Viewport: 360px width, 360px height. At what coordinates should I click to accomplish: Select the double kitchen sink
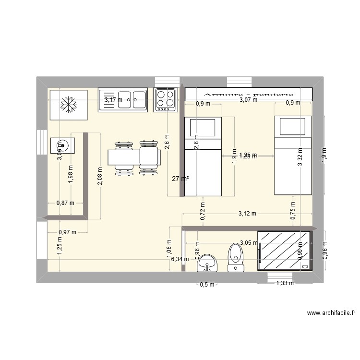pyautogui.click(x=123, y=100)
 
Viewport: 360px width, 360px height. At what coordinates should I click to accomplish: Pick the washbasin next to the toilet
pyautogui.click(x=207, y=263)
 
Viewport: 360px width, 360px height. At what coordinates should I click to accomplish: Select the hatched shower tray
pyautogui.click(x=285, y=250)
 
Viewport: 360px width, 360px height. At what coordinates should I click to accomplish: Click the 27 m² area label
pyautogui.click(x=180, y=179)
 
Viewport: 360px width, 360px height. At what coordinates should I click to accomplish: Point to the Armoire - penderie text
pyautogui.click(x=248, y=95)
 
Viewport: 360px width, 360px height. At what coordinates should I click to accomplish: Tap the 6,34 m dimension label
pyautogui.click(x=180, y=259)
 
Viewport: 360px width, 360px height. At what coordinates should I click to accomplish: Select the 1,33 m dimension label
pyautogui.click(x=285, y=283)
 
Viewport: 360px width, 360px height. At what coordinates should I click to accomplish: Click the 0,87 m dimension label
pyautogui.click(x=66, y=203)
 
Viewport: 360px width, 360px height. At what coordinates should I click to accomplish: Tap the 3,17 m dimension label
pyautogui.click(x=113, y=100)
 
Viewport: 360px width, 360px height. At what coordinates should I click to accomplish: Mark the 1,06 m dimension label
pyautogui.click(x=168, y=249)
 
